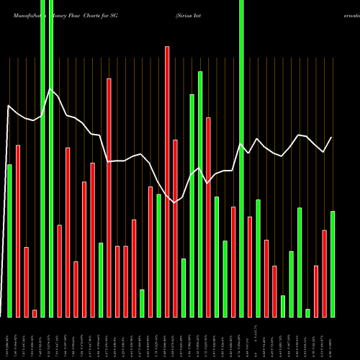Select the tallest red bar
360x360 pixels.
click(167, 180)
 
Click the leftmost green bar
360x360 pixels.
click(9, 240)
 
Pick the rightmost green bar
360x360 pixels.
click(333, 264)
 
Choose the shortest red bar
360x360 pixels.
click(35, 313)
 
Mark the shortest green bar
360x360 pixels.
click(307, 312)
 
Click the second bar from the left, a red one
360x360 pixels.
click(18, 230)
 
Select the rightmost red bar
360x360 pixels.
click(324, 273)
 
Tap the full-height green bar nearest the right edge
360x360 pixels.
click(241, 158)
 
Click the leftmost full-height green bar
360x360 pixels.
click(42, 158)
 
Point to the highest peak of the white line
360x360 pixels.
click(50, 89)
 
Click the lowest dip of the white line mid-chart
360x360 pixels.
click(175, 203)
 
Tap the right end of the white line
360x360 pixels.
click(332, 138)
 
